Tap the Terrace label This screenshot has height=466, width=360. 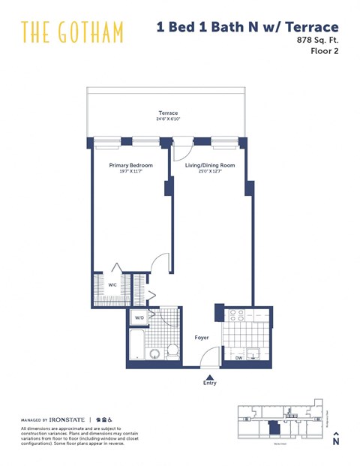168,113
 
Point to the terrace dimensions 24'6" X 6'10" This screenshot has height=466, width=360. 168,119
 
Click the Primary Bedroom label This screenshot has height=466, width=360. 130,164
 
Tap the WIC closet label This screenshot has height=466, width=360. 112,284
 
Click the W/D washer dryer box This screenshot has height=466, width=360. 139,318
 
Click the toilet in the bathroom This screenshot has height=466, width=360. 172,349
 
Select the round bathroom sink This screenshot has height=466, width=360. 156,353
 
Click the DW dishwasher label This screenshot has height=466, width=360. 239,357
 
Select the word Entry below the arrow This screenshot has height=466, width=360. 210,384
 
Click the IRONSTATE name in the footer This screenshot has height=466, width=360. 67,419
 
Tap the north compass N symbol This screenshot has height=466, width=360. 336,441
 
